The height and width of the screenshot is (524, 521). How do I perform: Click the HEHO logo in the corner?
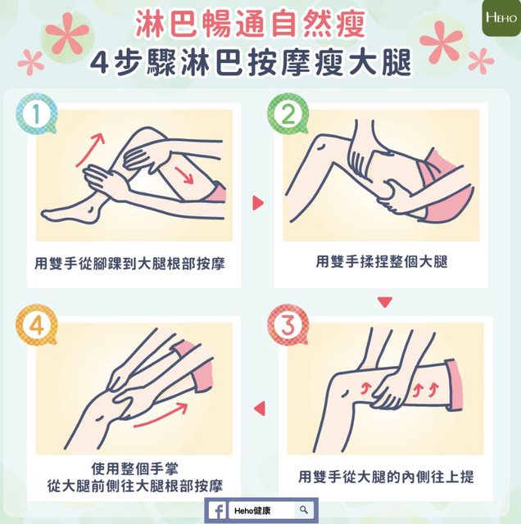point(501,17)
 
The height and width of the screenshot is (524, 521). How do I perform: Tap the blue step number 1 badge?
point(36,114)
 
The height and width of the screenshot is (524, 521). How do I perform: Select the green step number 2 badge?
point(288,114)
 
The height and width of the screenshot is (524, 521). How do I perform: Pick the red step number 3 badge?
point(288,324)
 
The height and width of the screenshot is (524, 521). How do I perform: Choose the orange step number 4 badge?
point(36,324)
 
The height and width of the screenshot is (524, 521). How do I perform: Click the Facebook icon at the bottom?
point(217,511)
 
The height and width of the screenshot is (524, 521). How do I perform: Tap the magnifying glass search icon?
point(304,510)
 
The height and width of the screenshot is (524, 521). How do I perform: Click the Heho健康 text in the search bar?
point(252,511)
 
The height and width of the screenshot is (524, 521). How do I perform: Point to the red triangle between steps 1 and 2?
point(258,203)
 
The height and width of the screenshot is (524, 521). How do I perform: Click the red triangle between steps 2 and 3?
point(384,302)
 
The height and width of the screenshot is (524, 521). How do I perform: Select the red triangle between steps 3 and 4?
point(260,409)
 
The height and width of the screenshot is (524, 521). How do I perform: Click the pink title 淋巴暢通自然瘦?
point(250,24)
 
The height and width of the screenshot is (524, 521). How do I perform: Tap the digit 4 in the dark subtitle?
point(99,62)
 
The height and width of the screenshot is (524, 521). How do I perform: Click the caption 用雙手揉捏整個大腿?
point(382,261)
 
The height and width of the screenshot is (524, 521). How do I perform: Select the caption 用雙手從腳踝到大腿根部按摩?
point(129,264)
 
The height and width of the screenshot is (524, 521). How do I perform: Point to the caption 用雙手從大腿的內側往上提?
point(386,477)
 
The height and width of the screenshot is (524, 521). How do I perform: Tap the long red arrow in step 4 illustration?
point(161,415)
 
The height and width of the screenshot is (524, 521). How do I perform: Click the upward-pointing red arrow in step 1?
point(90,149)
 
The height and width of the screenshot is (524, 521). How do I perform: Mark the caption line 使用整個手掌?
point(135,468)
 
